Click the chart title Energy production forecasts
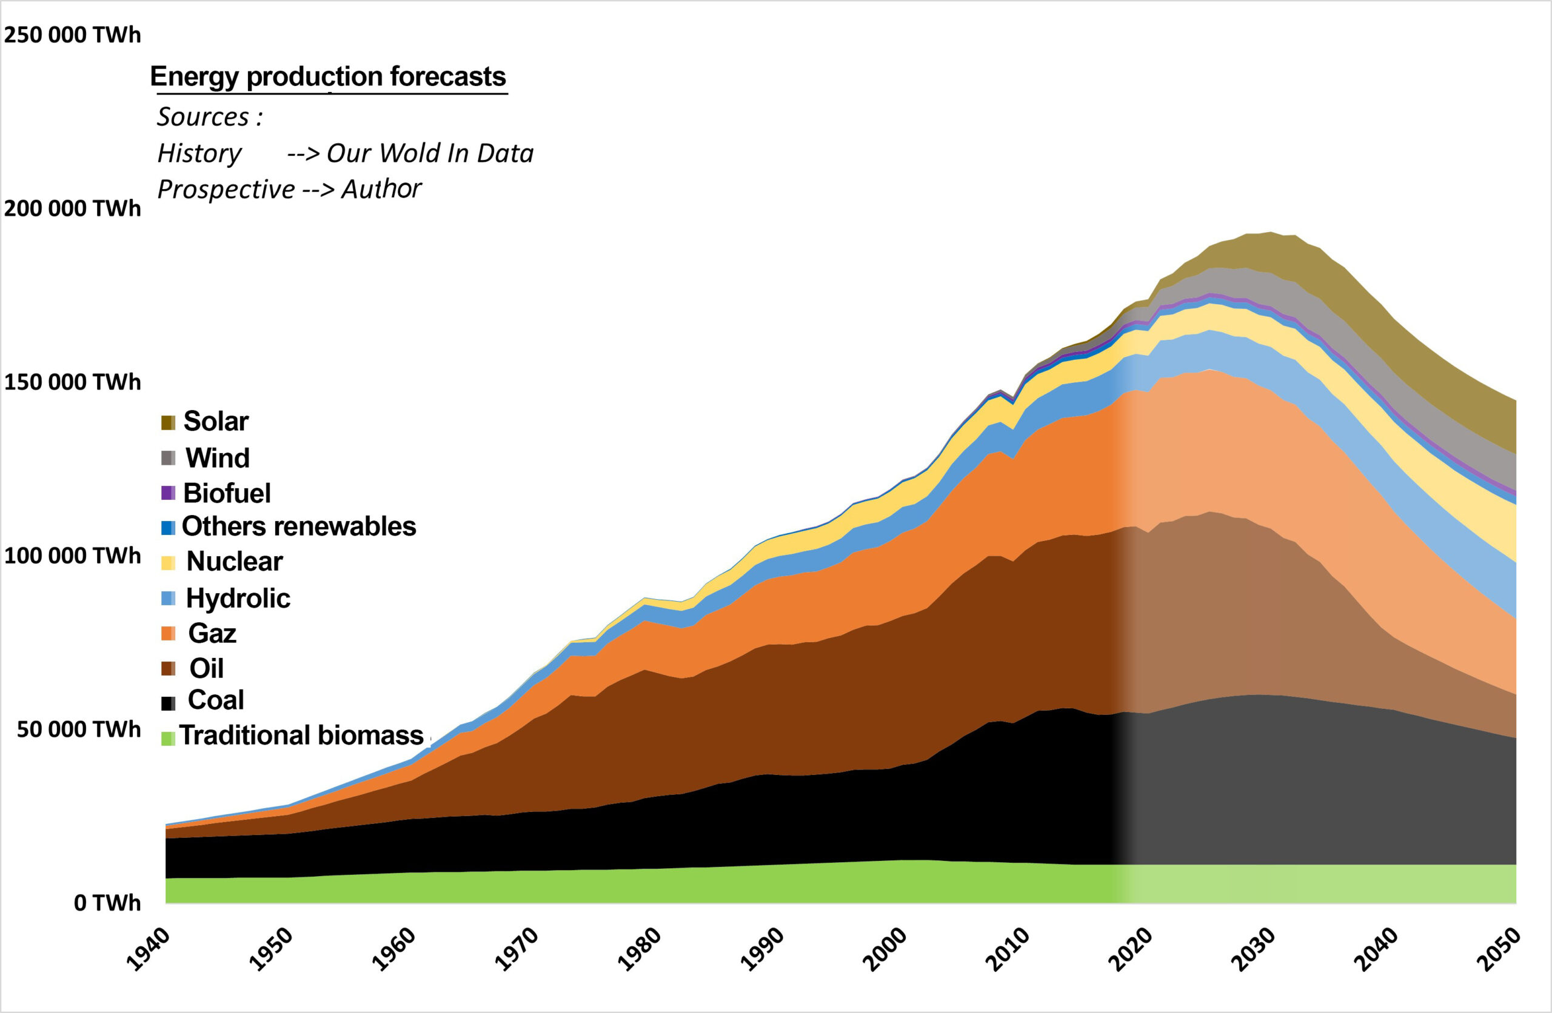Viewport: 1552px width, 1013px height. click(x=327, y=77)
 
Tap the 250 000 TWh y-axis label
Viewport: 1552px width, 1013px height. click(x=72, y=35)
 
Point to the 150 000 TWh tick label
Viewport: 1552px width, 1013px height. click(x=72, y=382)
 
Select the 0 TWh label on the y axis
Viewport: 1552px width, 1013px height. click(x=106, y=903)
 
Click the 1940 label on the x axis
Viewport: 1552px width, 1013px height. click(x=148, y=950)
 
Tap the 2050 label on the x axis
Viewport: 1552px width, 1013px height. click(x=1499, y=950)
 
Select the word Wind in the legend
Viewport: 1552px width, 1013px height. click(x=217, y=457)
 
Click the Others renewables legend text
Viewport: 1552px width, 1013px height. click(x=299, y=526)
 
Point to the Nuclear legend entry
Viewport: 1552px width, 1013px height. click(x=234, y=561)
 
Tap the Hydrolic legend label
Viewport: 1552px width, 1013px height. click(x=238, y=598)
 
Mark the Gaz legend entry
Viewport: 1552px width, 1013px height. click(x=212, y=633)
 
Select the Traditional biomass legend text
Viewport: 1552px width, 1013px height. click(x=301, y=736)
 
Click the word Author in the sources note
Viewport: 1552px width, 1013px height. click(x=381, y=189)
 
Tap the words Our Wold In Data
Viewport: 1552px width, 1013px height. click(x=429, y=153)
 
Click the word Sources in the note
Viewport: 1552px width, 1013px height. click(x=203, y=118)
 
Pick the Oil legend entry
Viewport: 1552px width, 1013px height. click(x=206, y=668)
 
